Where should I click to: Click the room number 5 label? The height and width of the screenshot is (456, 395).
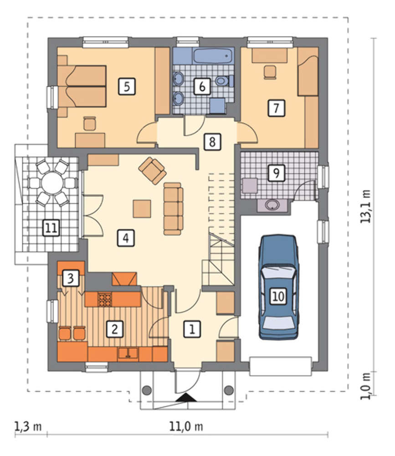(x=127, y=87)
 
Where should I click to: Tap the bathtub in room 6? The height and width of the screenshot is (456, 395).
(x=213, y=56)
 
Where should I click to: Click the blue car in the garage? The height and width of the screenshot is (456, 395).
(x=278, y=287)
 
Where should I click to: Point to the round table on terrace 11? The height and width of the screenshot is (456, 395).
(x=52, y=183)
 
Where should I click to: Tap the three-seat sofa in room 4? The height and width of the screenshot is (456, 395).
(x=173, y=209)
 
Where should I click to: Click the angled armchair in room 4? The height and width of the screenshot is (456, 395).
(x=153, y=171)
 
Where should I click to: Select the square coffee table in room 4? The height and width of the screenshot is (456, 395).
(x=142, y=208)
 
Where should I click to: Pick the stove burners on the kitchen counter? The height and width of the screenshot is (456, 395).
(x=105, y=300)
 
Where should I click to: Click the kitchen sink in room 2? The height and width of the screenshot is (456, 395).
(x=128, y=353)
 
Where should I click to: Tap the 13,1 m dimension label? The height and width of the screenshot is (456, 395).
(x=366, y=206)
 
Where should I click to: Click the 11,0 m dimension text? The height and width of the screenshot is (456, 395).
(x=186, y=427)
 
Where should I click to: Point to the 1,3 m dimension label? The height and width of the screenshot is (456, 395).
(x=28, y=427)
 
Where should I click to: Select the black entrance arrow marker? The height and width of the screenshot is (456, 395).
(x=186, y=397)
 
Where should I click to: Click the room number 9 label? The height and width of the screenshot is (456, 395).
(x=276, y=173)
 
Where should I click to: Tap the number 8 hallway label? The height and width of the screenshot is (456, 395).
(x=212, y=142)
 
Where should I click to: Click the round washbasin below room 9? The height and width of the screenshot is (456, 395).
(x=272, y=205)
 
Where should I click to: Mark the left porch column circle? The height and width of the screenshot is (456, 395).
(x=147, y=389)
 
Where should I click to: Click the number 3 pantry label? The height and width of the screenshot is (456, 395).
(x=70, y=278)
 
